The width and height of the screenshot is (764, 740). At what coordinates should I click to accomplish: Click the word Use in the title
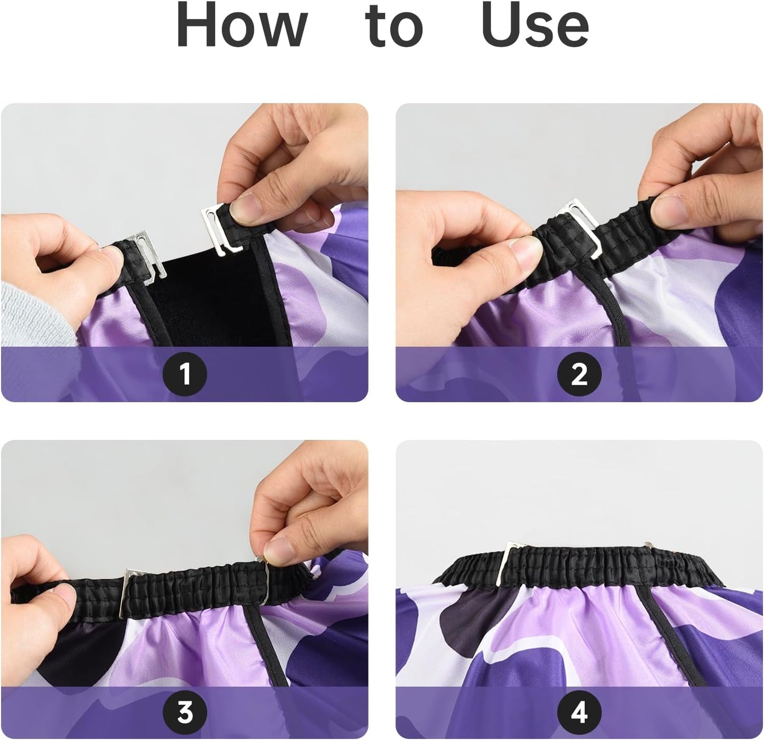pos(535,25)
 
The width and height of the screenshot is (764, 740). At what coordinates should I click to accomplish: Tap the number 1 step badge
pos(185,374)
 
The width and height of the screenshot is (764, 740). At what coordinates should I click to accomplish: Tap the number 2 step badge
pos(579,374)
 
